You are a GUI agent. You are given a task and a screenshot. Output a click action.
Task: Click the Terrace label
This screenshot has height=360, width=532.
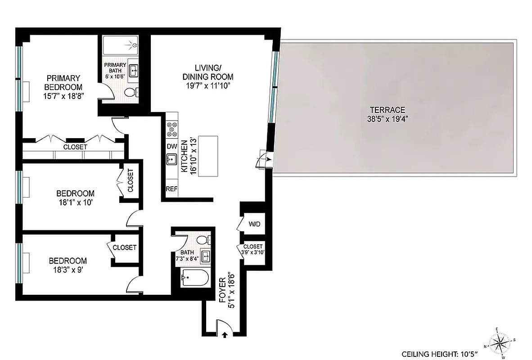[388, 110]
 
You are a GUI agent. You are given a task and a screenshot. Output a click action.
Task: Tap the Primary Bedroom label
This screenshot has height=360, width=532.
[63, 82]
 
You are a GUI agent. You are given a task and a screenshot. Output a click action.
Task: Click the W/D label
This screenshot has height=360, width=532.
[255, 224]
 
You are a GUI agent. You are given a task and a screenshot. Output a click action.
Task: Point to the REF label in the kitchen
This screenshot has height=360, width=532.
[171, 189]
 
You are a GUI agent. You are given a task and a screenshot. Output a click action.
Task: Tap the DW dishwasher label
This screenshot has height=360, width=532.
[172, 146]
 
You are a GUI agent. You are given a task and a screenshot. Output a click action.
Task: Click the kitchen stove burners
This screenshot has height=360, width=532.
[172, 130]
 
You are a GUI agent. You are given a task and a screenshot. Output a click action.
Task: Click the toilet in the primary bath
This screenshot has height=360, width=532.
[131, 93]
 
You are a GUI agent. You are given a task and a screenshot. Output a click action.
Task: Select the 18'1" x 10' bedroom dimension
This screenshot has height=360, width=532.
[75, 202]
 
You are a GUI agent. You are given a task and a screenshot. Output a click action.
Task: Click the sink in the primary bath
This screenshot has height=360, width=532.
[134, 71]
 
